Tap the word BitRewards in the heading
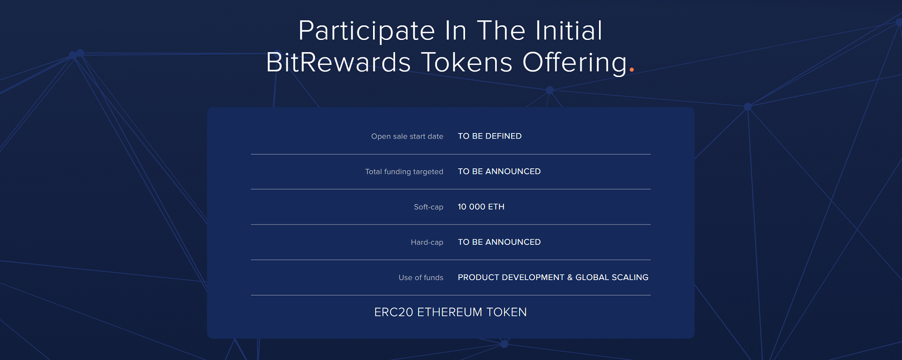pos(338,62)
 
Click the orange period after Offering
pos(632,70)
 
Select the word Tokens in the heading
pos(467,62)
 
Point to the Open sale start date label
pos(407,136)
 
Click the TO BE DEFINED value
pos(490,136)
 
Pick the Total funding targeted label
pos(404,172)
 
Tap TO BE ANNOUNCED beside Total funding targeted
pos(499,172)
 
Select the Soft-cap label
pos(428,207)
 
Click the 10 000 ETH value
pos(481,207)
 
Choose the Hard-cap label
pos(427,242)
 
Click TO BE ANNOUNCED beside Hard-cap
pos(499,242)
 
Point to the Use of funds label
pos(421,278)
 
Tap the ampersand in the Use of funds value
pos(570,277)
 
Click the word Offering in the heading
pos(575,63)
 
